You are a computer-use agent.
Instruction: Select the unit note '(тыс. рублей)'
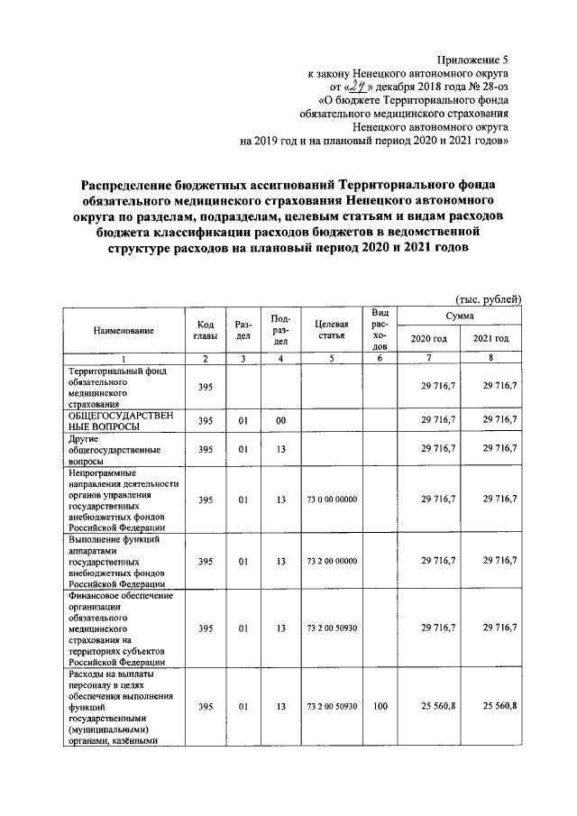(486, 300)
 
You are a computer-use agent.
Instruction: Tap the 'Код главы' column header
(205, 331)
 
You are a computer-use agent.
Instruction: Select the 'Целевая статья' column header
(331, 330)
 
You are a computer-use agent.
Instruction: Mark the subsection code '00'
(281, 420)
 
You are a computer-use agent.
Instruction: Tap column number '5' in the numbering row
(331, 359)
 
